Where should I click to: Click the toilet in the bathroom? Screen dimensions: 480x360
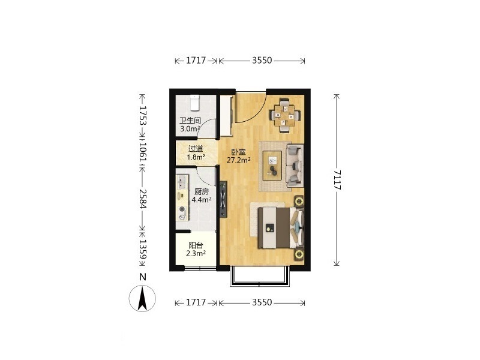pyautogui.click(x=194, y=103)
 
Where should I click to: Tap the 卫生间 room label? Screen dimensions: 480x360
pyautogui.click(x=190, y=121)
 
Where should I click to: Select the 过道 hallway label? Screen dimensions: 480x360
pyautogui.click(x=196, y=149)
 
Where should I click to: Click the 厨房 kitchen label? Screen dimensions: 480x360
pyautogui.click(x=202, y=192)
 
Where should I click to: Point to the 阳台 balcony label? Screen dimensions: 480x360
pyautogui.click(x=196, y=245)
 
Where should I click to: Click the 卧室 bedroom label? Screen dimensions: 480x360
pyautogui.click(x=238, y=152)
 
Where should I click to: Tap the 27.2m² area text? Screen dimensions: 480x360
pyautogui.click(x=239, y=160)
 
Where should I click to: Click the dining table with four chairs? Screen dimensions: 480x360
pyautogui.click(x=284, y=115)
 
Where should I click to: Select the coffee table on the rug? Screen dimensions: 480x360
pyautogui.click(x=272, y=166)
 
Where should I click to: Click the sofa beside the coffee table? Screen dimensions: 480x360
pyautogui.click(x=295, y=166)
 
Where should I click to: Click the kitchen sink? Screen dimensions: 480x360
pyautogui.click(x=182, y=182)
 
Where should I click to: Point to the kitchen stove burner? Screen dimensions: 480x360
pyautogui.click(x=182, y=213)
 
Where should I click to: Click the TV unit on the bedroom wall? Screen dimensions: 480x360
pyautogui.click(x=223, y=199)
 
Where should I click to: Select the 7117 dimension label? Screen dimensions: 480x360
pyautogui.click(x=337, y=180)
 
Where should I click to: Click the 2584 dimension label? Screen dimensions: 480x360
pyautogui.click(x=143, y=199)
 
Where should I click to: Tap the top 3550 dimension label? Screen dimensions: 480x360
pyautogui.click(x=262, y=61)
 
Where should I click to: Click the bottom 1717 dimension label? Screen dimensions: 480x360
pyautogui.click(x=196, y=302)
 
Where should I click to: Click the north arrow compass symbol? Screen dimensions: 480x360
pyautogui.click(x=142, y=298)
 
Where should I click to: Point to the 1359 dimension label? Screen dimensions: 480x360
pyautogui.click(x=143, y=249)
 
